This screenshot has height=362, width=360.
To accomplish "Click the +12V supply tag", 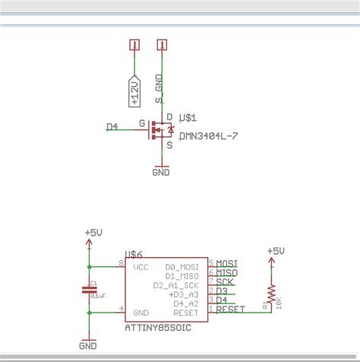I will pyautogui.click(x=134, y=90).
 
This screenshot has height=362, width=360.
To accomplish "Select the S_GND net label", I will pyautogui.click(x=159, y=90).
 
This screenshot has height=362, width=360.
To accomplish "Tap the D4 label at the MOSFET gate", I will pyautogui.click(x=112, y=127).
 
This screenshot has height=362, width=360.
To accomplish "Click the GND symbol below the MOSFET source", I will pyautogui.click(x=161, y=170).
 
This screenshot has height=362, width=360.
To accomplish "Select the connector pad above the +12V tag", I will pyautogui.click(x=134, y=44).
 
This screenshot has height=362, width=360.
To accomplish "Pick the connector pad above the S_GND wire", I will pyautogui.click(x=160, y=44).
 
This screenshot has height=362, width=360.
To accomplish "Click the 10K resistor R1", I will pyautogui.click(x=270, y=295).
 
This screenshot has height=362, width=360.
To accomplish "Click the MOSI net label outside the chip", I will pyautogui.click(x=228, y=263).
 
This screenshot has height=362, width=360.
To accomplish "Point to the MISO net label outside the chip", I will pyautogui.click(x=228, y=272).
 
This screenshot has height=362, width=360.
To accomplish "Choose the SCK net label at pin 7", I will pyautogui.click(x=225, y=281).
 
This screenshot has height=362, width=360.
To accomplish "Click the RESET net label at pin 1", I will pyautogui.click(x=231, y=309).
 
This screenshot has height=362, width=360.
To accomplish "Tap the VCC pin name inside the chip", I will pyautogui.click(x=141, y=268).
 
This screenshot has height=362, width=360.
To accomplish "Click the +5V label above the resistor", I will pyautogui.click(x=276, y=250).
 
